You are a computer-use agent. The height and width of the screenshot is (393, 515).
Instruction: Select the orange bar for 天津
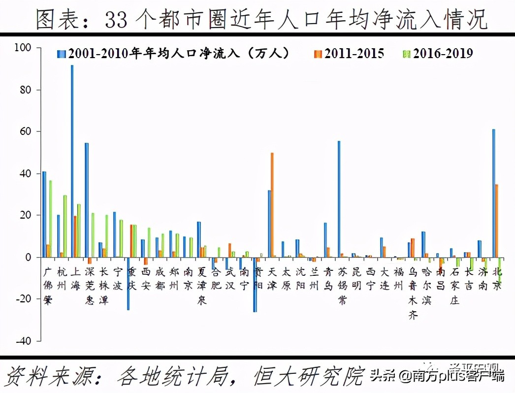coord(272,205)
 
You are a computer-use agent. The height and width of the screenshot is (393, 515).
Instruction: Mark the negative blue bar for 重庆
coord(128,283)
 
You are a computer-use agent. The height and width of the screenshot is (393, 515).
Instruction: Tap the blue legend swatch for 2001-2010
coord(61,54)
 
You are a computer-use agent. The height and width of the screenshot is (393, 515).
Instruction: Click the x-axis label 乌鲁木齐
coord(413,293)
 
